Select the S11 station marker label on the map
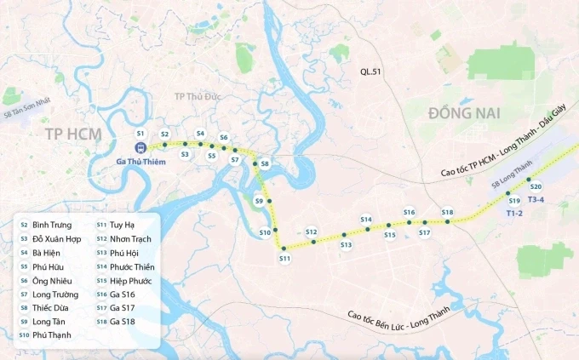pos(284,258)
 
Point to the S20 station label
pos(536,186)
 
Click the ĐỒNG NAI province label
pos(464,113)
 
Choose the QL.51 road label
pos(372,72)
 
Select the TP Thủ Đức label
pos(198,96)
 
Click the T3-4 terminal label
pos(536,200)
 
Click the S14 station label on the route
pos(366,220)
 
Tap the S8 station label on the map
pos(265,163)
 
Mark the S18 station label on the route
pos(447,212)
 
